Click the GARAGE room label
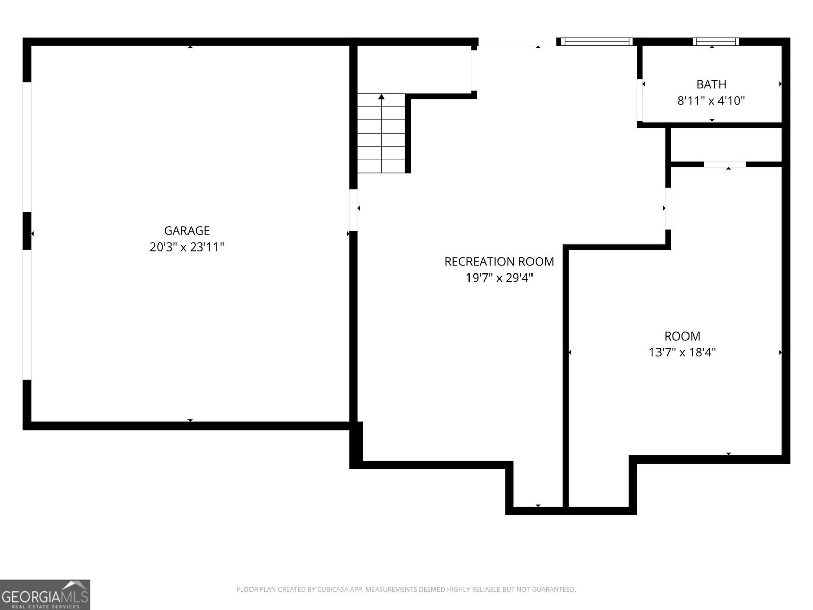[186, 231]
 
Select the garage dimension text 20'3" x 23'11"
[186, 247]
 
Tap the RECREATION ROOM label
[499, 261]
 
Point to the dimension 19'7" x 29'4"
[499, 278]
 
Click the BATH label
[711, 84]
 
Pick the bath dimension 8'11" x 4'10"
[711, 101]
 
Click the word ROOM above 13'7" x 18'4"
[682, 336]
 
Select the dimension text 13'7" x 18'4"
[682, 352]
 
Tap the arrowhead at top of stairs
[381, 96]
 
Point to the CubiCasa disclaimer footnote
[406, 590]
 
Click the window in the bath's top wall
[715, 42]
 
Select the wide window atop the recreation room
[596, 42]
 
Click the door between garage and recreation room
[353, 209]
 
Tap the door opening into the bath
[640, 100]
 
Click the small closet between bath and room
[726, 144]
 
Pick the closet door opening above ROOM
[725, 164]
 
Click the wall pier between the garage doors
[27, 231]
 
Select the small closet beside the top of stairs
[414, 69]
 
